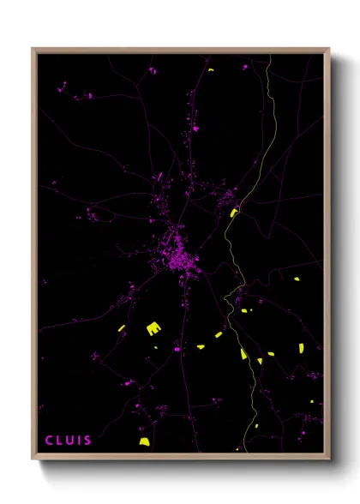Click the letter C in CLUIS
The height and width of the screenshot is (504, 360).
click(49, 441)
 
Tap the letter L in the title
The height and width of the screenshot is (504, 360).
click(60, 441)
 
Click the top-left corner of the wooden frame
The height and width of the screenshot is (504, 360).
click(33, 49)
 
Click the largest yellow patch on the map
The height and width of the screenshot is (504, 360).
click(153, 327)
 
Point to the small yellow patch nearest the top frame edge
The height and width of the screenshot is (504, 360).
click(210, 69)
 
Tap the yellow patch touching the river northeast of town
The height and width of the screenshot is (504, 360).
click(233, 213)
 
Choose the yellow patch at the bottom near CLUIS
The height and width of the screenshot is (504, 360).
click(144, 442)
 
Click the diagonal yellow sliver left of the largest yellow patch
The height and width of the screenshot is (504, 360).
click(121, 327)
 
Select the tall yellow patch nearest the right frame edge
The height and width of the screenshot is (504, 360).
click(301, 347)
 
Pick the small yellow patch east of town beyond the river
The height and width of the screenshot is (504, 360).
click(297, 279)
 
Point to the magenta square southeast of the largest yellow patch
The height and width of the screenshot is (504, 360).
click(177, 349)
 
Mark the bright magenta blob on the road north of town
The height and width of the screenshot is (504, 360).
click(195, 129)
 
